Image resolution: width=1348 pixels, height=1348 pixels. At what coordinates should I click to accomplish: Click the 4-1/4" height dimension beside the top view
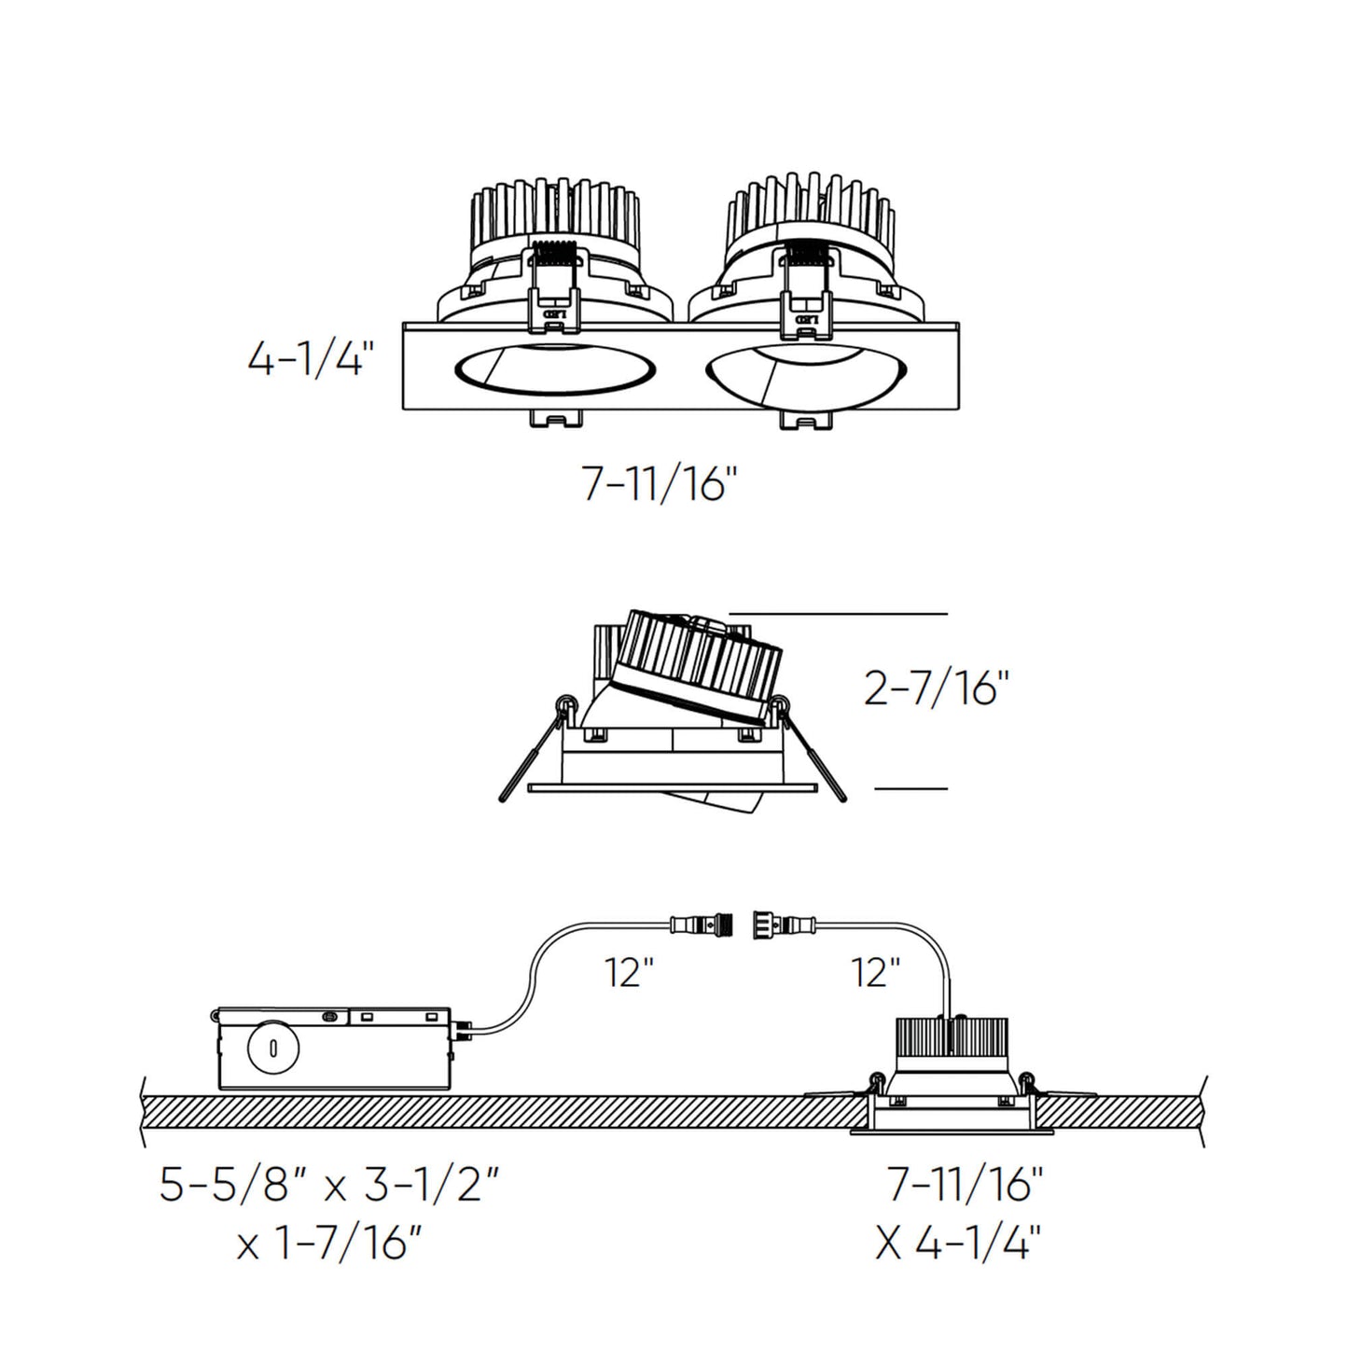(x=310, y=359)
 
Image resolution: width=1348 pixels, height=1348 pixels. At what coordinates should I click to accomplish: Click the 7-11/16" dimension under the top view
(x=660, y=484)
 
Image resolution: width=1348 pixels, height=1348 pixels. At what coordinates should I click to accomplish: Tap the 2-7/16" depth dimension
(x=937, y=689)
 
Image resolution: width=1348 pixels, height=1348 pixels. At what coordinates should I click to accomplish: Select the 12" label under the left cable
(x=628, y=973)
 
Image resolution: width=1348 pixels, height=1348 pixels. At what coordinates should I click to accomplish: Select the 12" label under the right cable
(x=875, y=973)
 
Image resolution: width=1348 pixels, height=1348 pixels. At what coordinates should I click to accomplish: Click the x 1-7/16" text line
(x=330, y=1244)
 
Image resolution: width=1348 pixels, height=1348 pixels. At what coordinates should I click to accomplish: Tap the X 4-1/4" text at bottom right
(x=958, y=1244)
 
